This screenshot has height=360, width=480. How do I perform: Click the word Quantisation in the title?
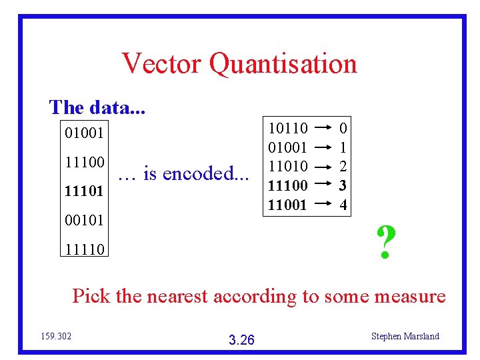click(283, 64)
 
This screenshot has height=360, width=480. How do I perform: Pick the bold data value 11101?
click(84, 191)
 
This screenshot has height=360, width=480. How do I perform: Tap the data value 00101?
click(84, 219)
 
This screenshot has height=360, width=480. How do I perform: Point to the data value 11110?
click(84, 249)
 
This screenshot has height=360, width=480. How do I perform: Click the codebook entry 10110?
click(287, 127)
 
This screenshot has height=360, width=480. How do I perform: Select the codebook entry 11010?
click(287, 166)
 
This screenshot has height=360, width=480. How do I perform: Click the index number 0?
click(343, 127)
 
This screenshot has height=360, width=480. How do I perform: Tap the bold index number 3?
click(343, 185)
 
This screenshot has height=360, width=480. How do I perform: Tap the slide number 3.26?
click(241, 340)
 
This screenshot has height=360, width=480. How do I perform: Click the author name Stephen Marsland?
click(405, 336)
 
